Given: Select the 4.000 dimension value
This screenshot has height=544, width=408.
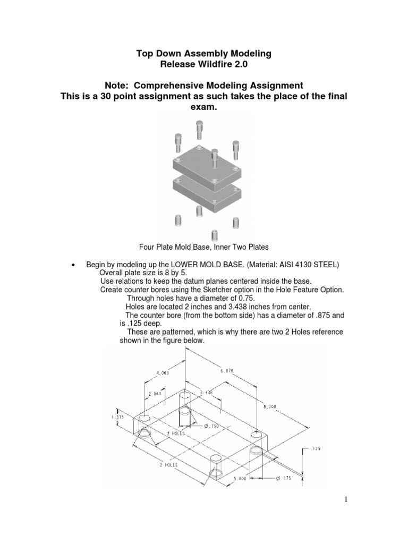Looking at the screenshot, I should coord(162,373).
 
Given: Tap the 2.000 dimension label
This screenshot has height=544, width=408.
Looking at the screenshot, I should coord(155,394).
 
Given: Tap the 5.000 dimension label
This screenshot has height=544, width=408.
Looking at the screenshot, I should coord(239,478).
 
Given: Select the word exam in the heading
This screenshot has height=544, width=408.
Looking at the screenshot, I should coord(203,108).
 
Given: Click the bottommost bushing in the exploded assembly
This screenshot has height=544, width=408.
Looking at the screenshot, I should coord(214,235).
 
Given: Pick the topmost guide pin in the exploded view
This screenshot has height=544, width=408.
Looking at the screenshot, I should coord(199,128).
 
